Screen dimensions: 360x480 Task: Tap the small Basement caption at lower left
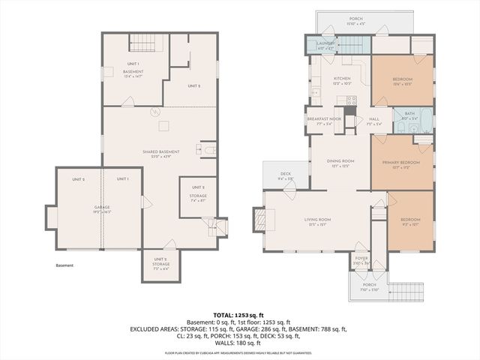tap(64, 265)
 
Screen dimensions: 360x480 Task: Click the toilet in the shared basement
tap(209, 150)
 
